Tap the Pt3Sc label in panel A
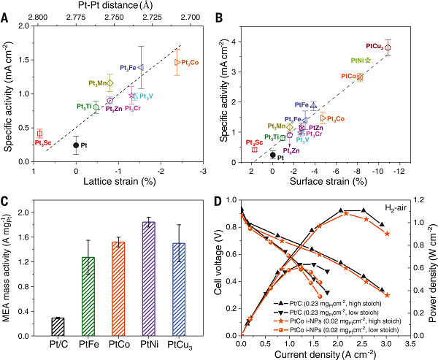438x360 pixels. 42,142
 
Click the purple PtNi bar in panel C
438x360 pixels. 148,278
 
